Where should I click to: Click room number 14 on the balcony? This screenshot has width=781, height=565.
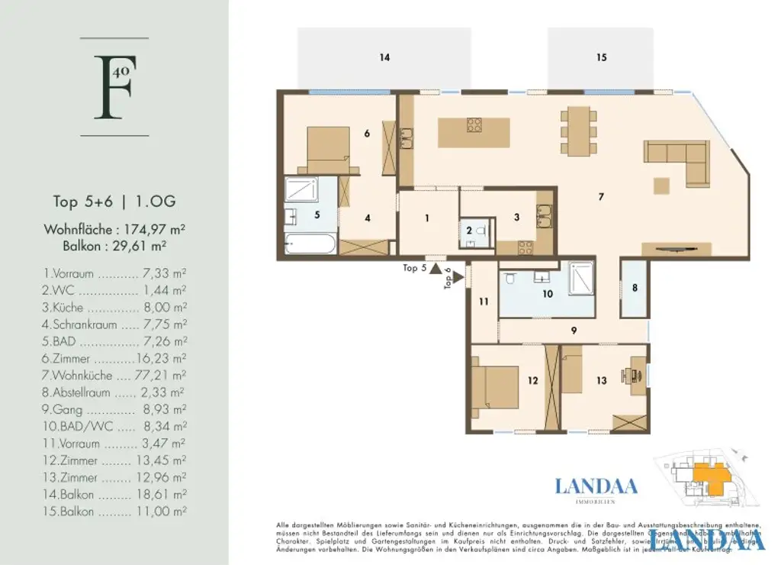coord(385,57)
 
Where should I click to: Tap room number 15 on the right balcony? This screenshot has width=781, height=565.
coord(602,57)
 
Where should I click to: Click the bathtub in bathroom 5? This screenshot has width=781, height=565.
coord(310,245)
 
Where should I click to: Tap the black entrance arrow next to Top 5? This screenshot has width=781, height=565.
coord(435,268)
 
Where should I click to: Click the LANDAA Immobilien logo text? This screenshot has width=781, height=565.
coord(596,486)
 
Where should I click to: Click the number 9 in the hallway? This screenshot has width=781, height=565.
coord(573,331)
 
